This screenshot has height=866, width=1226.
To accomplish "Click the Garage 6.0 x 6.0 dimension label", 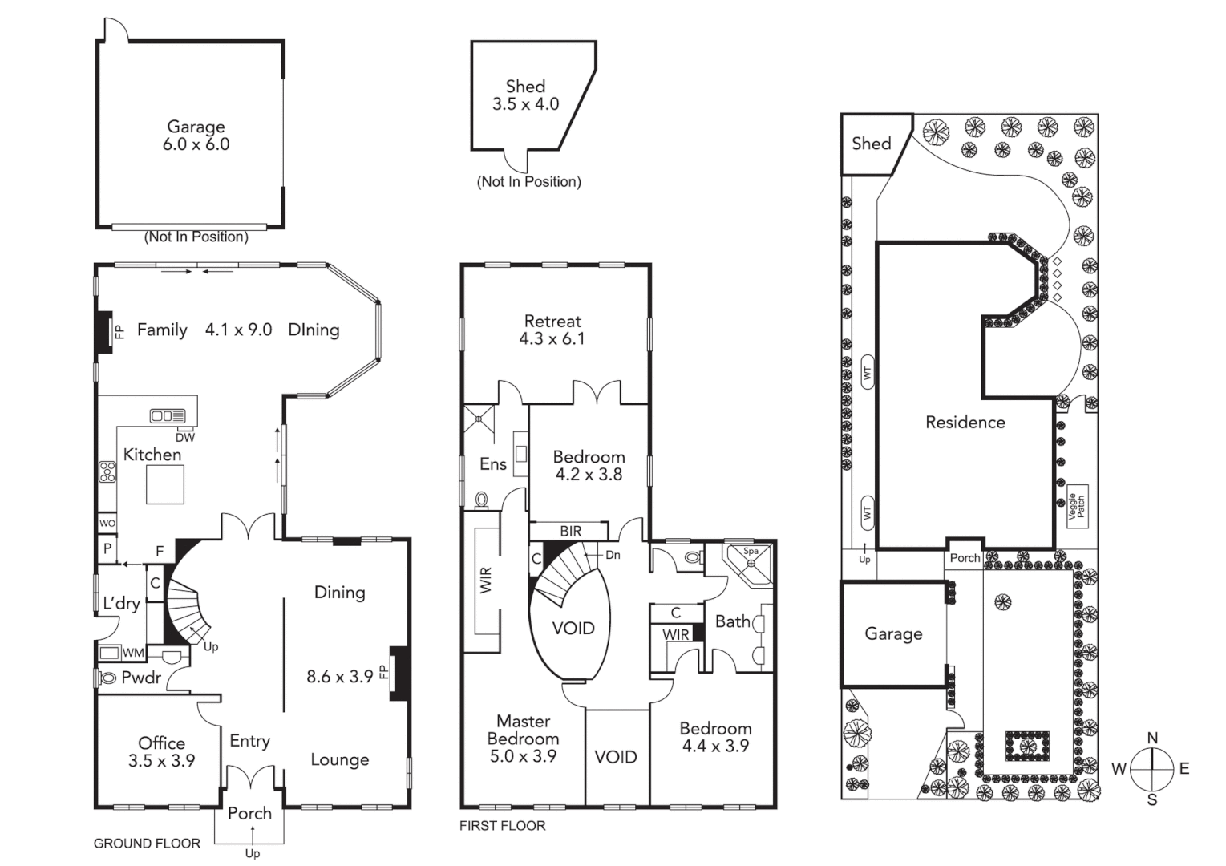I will pyautogui.click(x=196, y=136).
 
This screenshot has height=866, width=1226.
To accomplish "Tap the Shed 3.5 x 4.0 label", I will pyautogui.click(x=525, y=95).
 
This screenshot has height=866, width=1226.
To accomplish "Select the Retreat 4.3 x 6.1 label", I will pyautogui.click(x=552, y=330).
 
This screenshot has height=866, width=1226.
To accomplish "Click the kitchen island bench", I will pyautogui.click(x=165, y=484).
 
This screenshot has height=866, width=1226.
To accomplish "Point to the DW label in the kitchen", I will pyautogui.click(x=185, y=437).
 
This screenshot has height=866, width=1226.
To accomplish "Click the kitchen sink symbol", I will pyautogui.click(x=168, y=415).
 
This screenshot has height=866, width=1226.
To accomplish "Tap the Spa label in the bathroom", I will pyautogui.click(x=751, y=551).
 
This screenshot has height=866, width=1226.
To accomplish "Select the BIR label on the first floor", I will pyautogui.click(x=571, y=531).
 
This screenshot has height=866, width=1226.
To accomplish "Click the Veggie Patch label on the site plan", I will pyautogui.click(x=1077, y=506).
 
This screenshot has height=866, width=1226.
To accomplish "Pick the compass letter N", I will pyautogui.click(x=1152, y=738).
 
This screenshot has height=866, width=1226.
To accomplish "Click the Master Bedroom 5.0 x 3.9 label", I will pyautogui.click(x=523, y=739).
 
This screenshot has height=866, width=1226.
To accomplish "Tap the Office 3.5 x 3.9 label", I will pyautogui.click(x=161, y=751).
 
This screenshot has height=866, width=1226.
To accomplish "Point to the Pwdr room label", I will pyautogui.click(x=141, y=678).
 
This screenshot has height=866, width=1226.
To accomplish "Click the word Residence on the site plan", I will pyautogui.click(x=965, y=422).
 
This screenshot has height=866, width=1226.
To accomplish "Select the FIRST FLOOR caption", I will pyautogui.click(x=502, y=825).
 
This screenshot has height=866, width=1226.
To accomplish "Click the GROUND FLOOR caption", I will pyautogui.click(x=147, y=843).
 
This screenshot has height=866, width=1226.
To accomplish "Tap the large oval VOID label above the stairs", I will pyautogui.click(x=573, y=628).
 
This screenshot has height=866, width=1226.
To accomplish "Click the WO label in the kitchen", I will pyautogui.click(x=107, y=523).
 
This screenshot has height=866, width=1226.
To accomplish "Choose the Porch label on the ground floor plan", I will pyautogui.click(x=249, y=813).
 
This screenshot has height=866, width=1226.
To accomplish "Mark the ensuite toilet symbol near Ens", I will pyautogui.click(x=482, y=500).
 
